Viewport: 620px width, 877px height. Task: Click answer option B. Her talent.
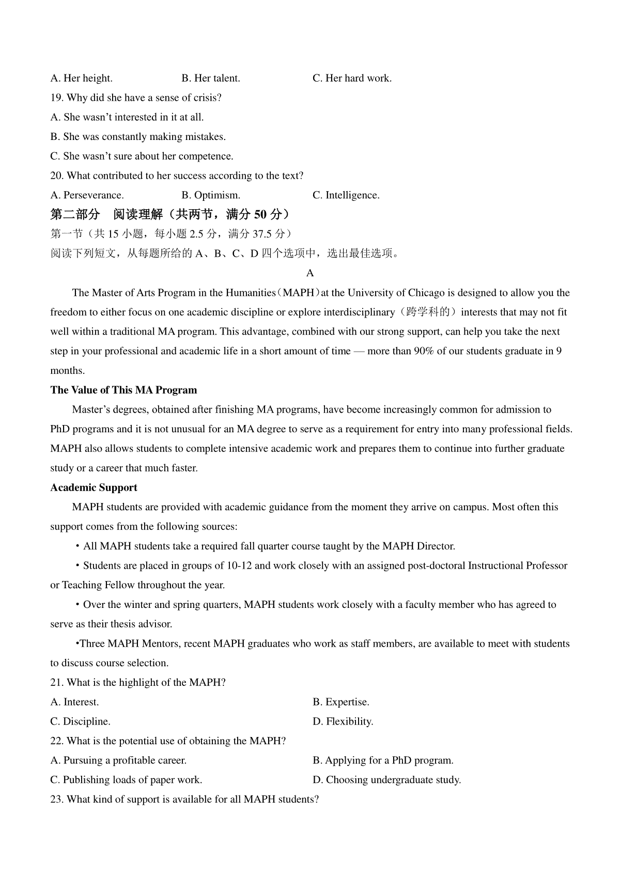pos(211,79)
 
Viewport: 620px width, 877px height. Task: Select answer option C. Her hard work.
pos(352,79)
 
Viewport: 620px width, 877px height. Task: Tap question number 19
pos(57,98)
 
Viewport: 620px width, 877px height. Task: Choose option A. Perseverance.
pos(87,195)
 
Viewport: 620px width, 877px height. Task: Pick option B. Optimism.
pos(211,195)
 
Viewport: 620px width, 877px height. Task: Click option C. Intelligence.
pos(346,195)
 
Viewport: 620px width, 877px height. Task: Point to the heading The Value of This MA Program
pos(123,390)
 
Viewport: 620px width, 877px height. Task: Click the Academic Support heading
pos(94,488)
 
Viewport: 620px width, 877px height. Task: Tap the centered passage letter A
pos(310,273)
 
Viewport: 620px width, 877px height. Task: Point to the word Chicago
pos(426,293)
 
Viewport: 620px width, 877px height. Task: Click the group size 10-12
pos(239,566)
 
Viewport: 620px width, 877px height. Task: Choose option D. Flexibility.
pos(343,722)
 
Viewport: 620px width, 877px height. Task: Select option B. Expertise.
pos(340,702)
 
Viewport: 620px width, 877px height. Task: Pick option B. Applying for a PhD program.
pos(383,760)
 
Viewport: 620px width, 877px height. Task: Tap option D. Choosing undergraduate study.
pos(386,780)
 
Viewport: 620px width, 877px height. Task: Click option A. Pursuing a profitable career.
pos(118,760)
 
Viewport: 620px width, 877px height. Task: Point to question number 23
pos(57,800)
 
